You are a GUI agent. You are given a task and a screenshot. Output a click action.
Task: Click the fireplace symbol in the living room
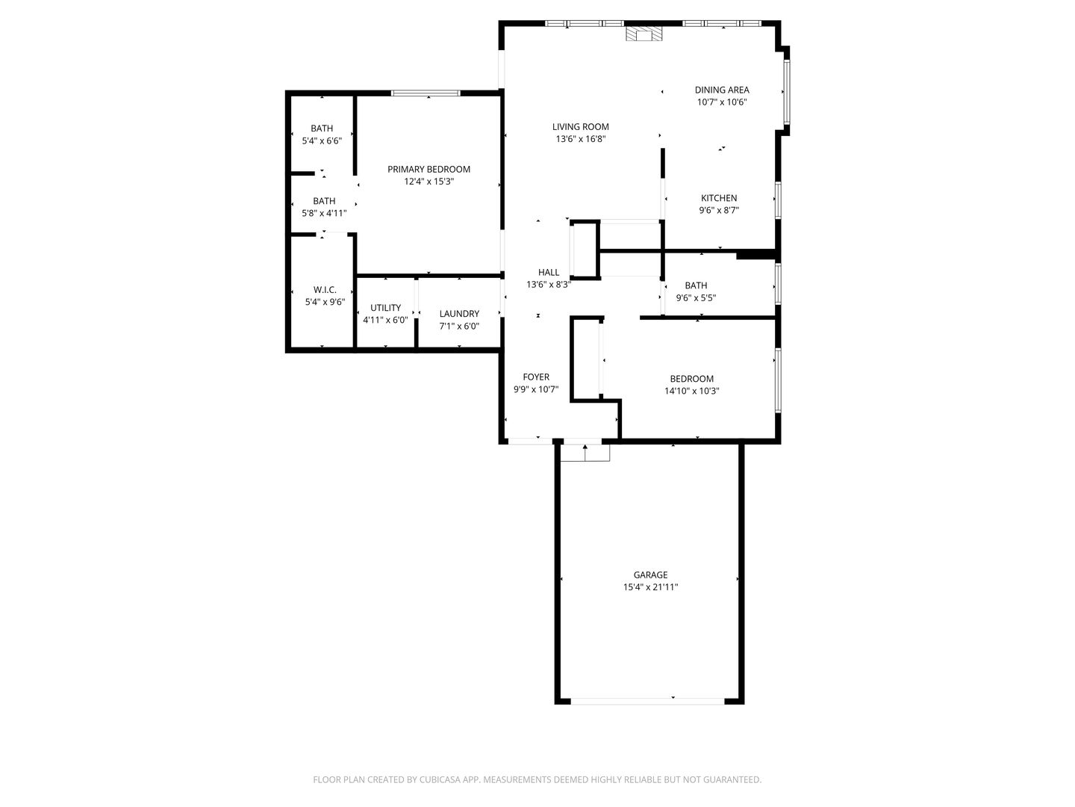643,34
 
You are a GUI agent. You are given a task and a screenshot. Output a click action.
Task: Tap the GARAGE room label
650,575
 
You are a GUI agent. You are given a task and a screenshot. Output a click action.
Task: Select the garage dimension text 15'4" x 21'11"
650,587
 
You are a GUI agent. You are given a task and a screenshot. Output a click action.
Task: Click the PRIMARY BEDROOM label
429,170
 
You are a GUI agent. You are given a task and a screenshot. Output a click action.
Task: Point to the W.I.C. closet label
325,290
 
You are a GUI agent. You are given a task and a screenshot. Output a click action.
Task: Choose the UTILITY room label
385,308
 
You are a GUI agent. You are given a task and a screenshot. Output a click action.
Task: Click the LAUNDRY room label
459,314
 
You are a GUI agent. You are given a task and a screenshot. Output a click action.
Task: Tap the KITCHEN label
718,198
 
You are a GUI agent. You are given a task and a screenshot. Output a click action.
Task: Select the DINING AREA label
721,90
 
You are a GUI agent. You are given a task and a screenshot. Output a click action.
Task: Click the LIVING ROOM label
580,127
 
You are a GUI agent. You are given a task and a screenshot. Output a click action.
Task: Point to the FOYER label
535,377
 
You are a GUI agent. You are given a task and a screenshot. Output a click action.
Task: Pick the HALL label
548,273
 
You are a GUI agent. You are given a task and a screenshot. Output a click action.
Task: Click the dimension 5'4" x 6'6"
322,140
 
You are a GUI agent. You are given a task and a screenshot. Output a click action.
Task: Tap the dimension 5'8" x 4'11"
324,213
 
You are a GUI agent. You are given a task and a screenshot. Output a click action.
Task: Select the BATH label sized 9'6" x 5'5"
696,285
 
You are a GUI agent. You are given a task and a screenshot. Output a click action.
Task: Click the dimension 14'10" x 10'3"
691,391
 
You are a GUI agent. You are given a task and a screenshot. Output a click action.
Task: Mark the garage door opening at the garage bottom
648,701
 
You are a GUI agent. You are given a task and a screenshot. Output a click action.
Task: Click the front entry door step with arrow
585,452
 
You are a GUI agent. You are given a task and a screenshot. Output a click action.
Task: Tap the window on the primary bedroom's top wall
426,93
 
